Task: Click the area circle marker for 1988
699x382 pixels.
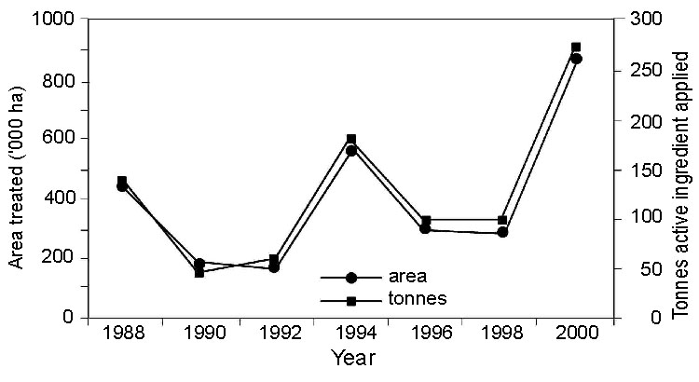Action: tap(122, 186)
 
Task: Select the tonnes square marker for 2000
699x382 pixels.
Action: tap(576, 47)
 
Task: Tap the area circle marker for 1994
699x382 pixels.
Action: tap(351, 150)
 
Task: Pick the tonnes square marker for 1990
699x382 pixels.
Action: tap(199, 273)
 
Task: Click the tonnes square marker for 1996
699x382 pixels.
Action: tap(426, 220)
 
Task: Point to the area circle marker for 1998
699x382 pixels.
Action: tap(502, 232)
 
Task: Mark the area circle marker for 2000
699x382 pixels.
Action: tap(576, 59)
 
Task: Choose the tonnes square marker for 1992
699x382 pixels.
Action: tap(275, 259)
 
